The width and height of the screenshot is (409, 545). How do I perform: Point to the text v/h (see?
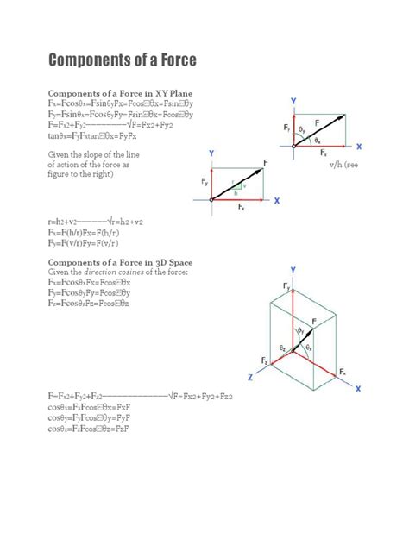click(x=343, y=164)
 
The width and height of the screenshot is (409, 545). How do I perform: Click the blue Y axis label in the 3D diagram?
click(x=293, y=270)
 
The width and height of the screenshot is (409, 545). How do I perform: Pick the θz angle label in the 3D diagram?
click(x=283, y=346)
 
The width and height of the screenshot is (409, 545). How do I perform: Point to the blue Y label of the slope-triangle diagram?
click(x=211, y=153)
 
